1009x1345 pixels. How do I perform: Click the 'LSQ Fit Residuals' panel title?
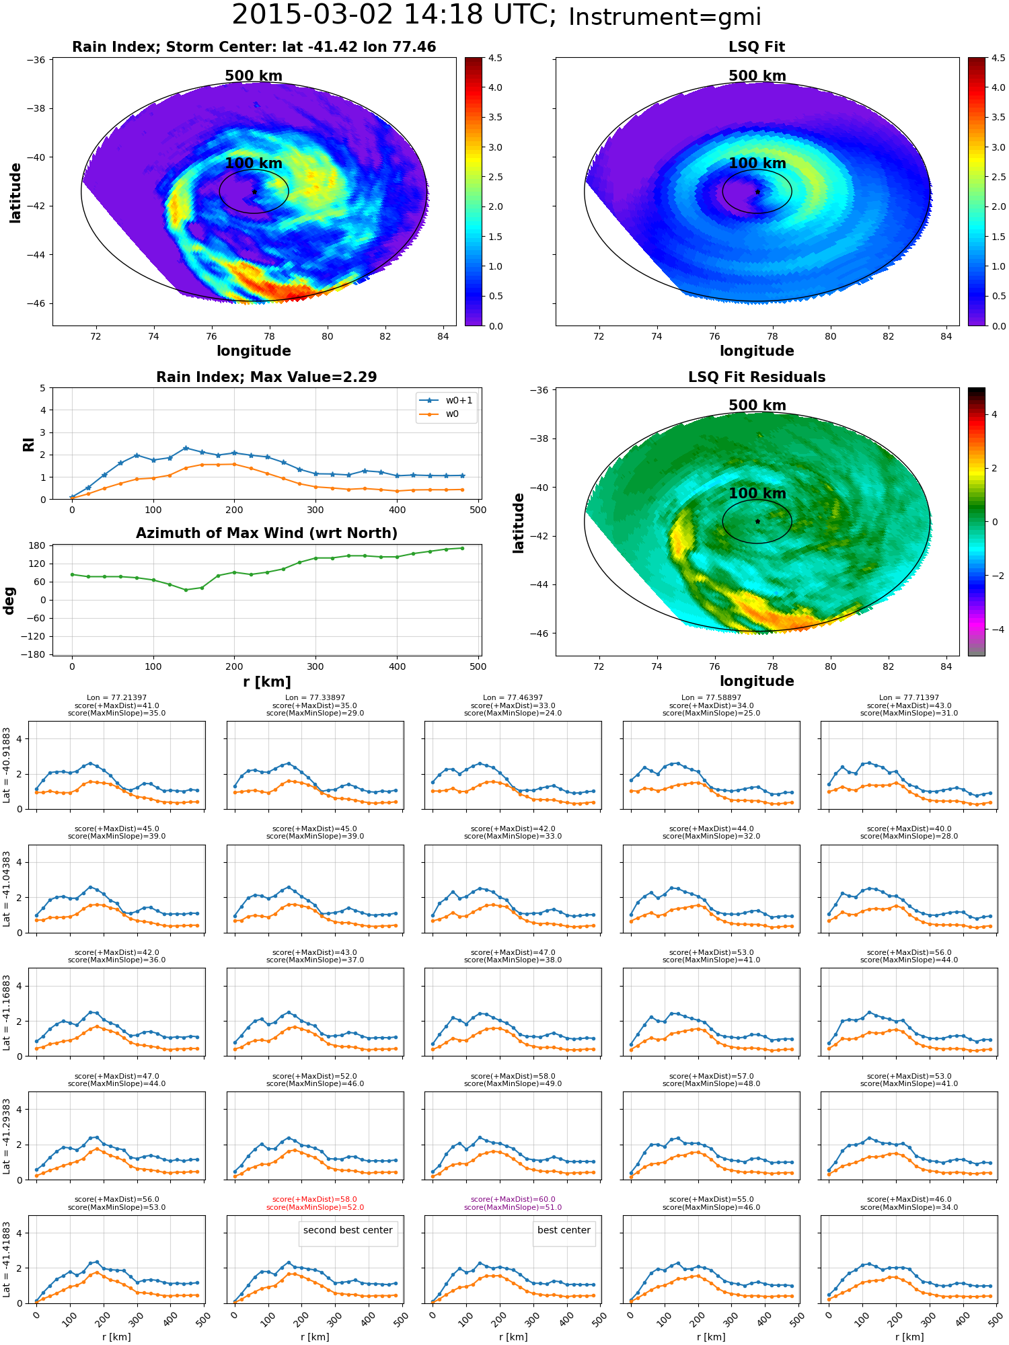coord(757,377)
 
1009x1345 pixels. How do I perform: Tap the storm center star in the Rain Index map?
coord(254,192)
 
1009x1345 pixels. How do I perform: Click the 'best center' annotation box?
coord(564,1231)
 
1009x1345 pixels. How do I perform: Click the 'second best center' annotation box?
coord(348,1231)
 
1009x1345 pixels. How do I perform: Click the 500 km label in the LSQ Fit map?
coord(757,76)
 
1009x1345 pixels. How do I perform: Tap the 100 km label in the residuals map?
coord(757,494)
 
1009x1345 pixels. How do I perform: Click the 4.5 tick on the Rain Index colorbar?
coord(495,58)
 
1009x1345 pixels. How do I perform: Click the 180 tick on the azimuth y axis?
coord(38,545)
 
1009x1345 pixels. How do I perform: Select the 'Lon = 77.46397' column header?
coord(513,698)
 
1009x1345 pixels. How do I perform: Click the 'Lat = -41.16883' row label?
coord(7,1011)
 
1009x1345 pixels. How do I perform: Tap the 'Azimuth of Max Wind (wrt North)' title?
coord(266,533)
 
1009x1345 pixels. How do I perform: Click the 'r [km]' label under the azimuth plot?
coord(267,682)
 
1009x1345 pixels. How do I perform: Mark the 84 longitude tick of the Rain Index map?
coord(443,336)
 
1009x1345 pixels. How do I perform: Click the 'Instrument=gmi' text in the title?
coord(665,17)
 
